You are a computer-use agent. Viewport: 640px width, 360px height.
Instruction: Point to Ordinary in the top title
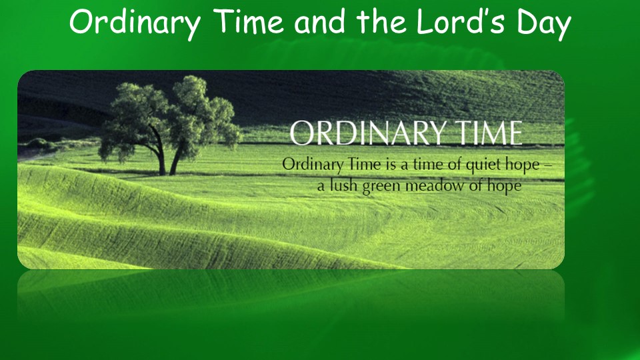tap(135, 25)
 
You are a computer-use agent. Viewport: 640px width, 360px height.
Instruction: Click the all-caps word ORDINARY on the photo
tap(367, 133)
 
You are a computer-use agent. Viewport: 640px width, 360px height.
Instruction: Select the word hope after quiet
tap(523, 165)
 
